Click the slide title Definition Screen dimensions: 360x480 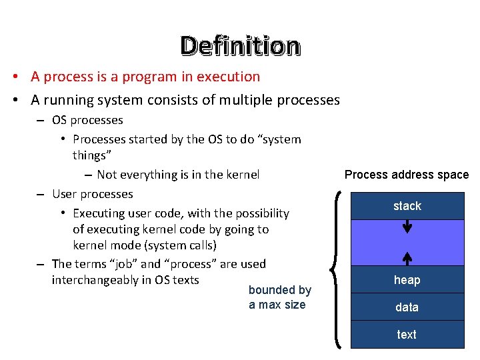pyautogui.click(x=240, y=45)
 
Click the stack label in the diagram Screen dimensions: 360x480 pyautogui.click(x=407, y=206)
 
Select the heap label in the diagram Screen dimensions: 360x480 pyautogui.click(x=407, y=280)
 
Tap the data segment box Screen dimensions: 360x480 pyautogui.click(x=407, y=307)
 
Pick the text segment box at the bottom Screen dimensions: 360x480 pyautogui.click(x=407, y=335)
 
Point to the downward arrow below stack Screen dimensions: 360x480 pyautogui.click(x=407, y=227)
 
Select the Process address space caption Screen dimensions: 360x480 pyautogui.click(x=406, y=175)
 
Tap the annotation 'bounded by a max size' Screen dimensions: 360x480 pyautogui.click(x=279, y=297)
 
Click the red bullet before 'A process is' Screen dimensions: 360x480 pyautogui.click(x=14, y=77)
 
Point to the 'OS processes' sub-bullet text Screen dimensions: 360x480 pyautogui.click(x=87, y=120)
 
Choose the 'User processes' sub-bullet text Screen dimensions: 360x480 pyautogui.click(x=92, y=194)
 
